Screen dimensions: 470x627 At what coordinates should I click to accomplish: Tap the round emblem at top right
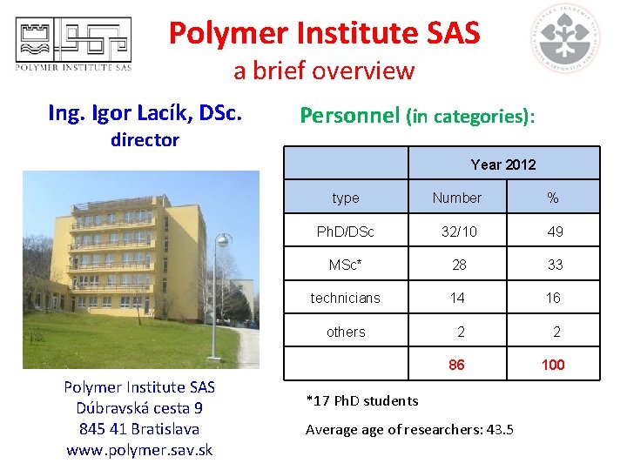point(568,38)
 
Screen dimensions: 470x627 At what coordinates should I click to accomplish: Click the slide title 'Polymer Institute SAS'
point(324,33)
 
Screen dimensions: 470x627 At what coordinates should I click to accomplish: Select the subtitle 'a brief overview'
point(324,70)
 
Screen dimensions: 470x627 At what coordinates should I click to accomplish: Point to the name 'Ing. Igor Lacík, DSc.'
point(145,113)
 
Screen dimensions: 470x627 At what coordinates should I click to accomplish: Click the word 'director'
point(145,140)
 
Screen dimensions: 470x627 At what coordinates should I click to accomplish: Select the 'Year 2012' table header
point(503,164)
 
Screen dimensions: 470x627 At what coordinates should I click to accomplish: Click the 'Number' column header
point(457,198)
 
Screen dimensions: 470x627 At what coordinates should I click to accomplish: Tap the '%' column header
point(553,198)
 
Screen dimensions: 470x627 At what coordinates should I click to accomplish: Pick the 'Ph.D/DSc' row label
point(346,232)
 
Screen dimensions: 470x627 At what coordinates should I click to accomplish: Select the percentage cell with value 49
point(554,232)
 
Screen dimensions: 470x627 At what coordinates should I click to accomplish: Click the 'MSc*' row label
point(346,265)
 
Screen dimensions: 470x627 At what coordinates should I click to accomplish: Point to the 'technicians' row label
point(346,298)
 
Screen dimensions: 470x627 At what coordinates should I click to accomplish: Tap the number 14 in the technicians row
point(457,298)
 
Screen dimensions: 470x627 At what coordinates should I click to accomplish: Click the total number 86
point(457,365)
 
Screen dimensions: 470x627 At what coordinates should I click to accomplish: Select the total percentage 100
point(553,365)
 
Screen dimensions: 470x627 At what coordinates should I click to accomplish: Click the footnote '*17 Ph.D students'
point(362,401)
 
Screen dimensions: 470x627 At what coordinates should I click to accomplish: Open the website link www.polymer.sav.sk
point(139,450)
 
